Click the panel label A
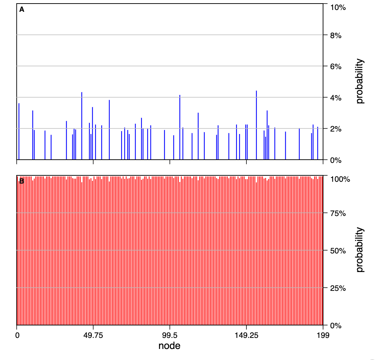[x=22, y=10]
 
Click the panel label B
[x=22, y=181]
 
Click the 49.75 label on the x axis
[x=93, y=335]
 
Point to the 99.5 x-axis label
[x=170, y=335]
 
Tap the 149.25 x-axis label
[x=246, y=335]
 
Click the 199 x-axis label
[x=323, y=335]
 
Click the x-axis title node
[x=169, y=346]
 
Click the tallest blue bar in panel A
[x=256, y=125]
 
